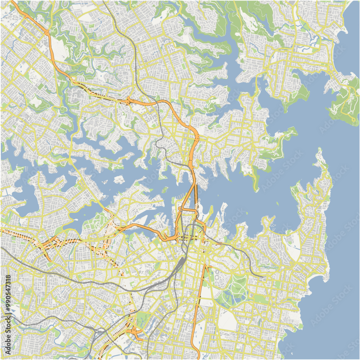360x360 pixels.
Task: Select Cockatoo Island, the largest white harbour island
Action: pyautogui.click(x=119, y=179)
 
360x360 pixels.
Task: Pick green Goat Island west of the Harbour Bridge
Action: pyautogui.click(x=165, y=189)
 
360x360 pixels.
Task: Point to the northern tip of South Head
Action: pyautogui.click(x=319, y=151)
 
